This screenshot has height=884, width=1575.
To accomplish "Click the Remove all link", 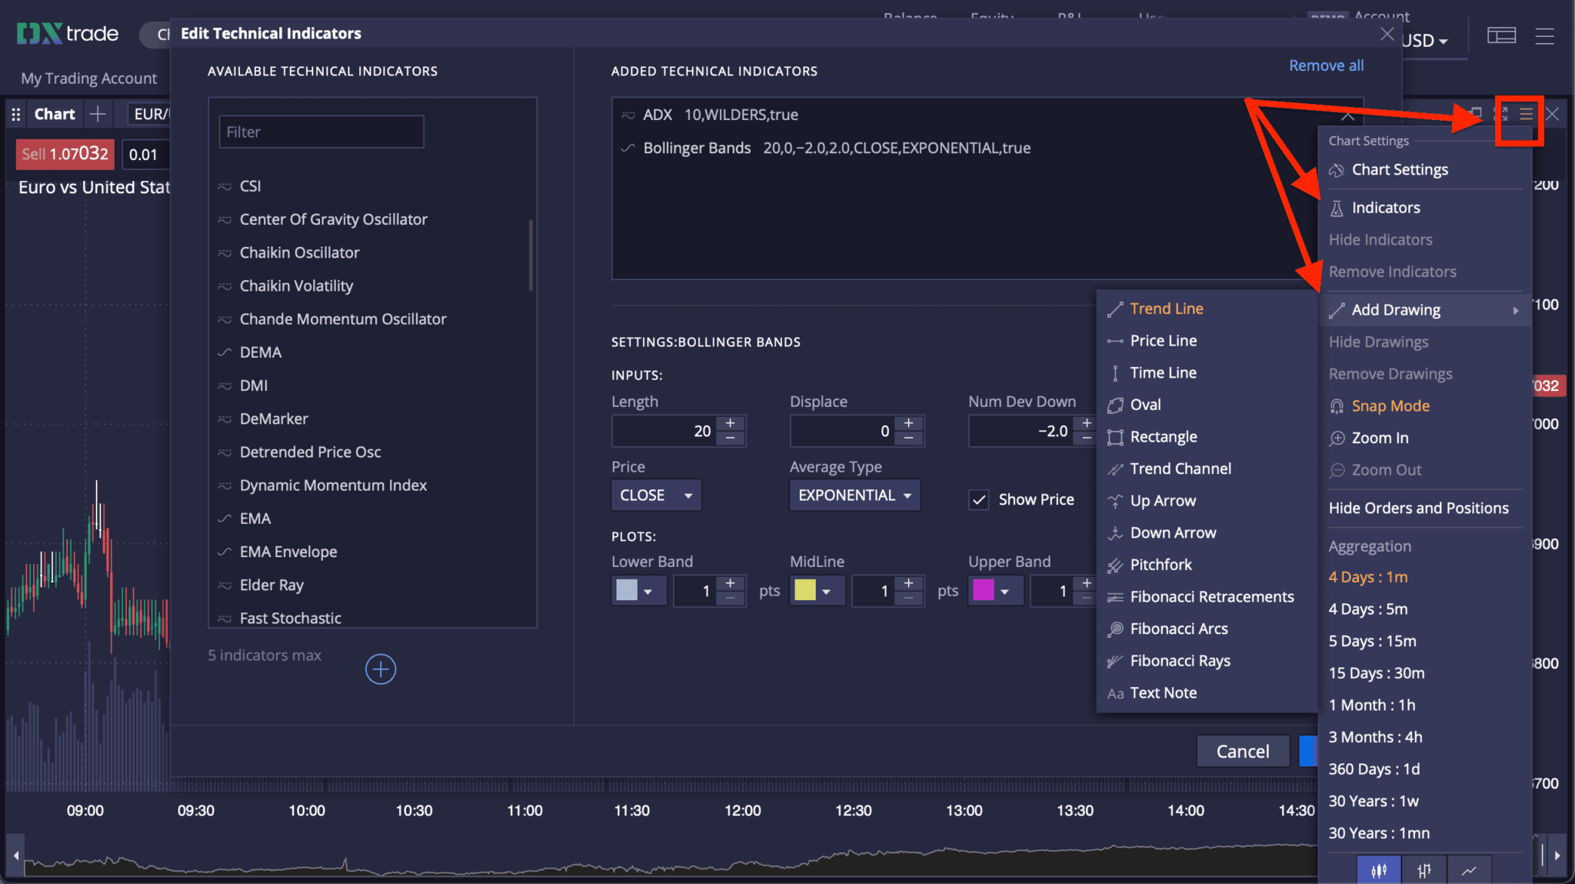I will [x=1326, y=66].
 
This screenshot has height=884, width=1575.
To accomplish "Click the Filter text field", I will [x=321, y=132].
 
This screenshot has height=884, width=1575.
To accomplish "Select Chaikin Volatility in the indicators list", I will [x=296, y=286].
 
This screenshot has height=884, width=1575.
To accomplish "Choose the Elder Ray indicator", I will [x=271, y=585].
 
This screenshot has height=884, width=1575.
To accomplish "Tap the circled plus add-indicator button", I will [x=381, y=669].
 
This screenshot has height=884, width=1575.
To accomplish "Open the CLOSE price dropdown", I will [x=656, y=495].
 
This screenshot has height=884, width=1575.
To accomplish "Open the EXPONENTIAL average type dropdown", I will [x=854, y=495].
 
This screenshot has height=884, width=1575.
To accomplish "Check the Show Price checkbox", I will [x=979, y=500].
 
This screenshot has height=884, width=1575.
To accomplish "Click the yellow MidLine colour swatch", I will [x=805, y=590].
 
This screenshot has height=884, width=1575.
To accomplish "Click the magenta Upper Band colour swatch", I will [x=984, y=590].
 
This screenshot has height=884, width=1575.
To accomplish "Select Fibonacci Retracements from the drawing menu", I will [x=1211, y=597].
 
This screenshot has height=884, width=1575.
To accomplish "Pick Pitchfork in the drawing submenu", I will [x=1160, y=565].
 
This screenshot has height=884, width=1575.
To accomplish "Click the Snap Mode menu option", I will [x=1390, y=406].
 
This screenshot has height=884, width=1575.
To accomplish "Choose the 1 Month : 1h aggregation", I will [x=1371, y=705].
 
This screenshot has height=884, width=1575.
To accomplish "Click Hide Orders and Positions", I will [x=1418, y=508].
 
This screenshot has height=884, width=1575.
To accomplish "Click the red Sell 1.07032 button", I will [x=65, y=154].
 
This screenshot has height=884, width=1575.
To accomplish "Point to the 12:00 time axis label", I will [x=742, y=810].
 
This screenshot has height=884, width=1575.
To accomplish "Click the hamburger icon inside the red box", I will [x=1526, y=115].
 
